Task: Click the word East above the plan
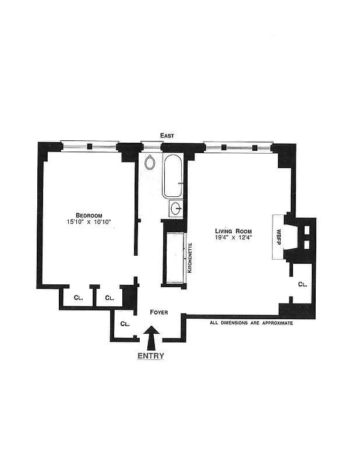167,135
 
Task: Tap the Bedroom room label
89,213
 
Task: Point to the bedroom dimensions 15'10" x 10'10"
89,222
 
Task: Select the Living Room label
232,231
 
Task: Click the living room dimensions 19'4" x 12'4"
232,238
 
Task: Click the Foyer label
158,313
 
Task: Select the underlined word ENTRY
150,356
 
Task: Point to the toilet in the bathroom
150,162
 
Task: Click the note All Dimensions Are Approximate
250,323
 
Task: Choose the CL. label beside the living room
302,284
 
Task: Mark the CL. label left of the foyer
125,324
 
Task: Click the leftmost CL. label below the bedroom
78,298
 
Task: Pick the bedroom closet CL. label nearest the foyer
110,298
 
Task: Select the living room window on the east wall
238,146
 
